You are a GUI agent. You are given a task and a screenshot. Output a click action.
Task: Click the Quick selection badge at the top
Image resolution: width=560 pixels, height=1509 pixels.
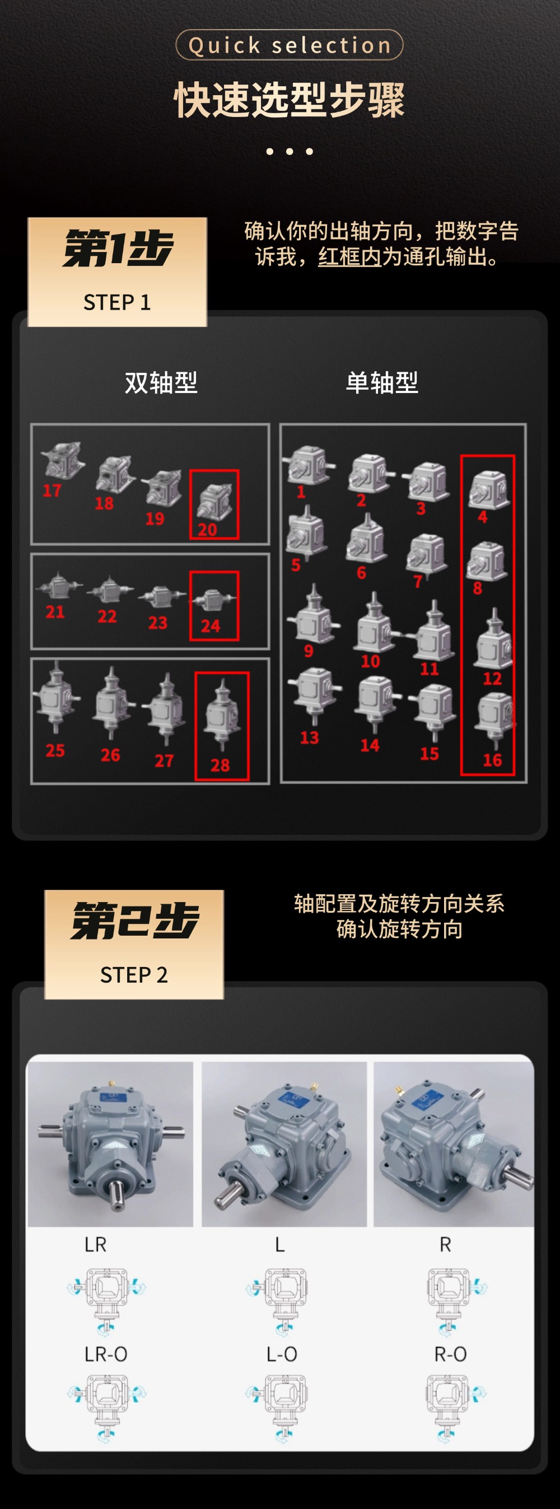(x=290, y=45)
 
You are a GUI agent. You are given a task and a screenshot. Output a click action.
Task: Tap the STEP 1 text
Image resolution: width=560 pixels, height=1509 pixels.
(x=117, y=302)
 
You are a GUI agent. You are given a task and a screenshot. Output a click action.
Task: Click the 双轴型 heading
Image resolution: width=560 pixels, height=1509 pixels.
(x=161, y=382)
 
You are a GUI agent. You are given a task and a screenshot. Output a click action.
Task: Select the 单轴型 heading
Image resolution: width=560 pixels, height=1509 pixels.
(x=382, y=382)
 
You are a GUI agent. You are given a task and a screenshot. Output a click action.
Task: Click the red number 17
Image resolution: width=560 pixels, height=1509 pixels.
(x=52, y=490)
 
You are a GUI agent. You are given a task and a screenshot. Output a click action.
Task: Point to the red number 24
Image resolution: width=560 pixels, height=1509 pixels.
(x=211, y=625)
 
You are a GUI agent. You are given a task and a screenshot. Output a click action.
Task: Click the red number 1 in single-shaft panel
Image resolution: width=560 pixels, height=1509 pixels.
(x=301, y=492)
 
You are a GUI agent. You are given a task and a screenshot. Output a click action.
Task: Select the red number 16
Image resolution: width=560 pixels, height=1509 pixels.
(x=492, y=760)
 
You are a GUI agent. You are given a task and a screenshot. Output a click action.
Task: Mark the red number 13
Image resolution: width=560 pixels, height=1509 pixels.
(x=309, y=737)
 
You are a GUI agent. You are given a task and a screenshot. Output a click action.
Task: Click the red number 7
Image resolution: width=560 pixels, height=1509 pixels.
(x=418, y=581)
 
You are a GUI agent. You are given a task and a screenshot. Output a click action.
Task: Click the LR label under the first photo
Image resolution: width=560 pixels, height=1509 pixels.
(x=96, y=1245)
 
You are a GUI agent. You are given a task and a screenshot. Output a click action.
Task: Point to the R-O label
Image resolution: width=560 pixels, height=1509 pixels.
(x=450, y=1354)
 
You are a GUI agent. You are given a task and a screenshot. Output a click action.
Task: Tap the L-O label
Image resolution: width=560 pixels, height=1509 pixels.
(x=282, y=1354)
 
